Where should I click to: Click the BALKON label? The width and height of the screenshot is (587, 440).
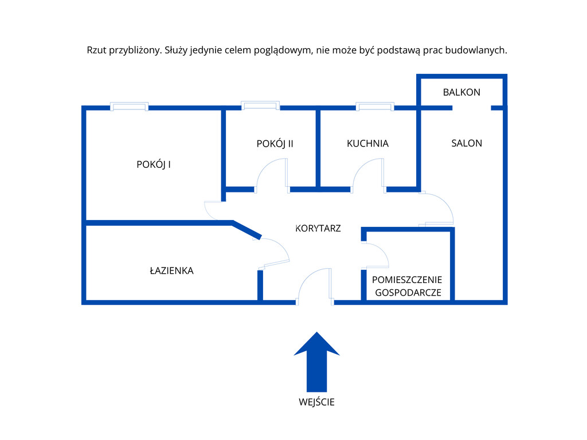461,92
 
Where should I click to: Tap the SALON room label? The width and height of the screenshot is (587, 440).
467,143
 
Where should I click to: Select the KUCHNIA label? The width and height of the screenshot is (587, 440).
367,144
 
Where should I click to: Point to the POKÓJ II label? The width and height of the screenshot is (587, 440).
275,144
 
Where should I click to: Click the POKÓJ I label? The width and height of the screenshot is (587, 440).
154,164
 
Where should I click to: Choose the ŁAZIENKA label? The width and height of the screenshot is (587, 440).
171,270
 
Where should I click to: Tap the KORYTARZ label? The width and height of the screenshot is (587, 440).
318,228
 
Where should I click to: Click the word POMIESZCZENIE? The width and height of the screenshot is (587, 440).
407,280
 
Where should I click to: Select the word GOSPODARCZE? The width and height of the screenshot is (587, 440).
408,293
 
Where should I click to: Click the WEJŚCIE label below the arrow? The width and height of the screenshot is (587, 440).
316,402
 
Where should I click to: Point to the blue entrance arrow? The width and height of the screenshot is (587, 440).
316,362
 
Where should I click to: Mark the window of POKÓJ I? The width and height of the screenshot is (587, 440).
129,106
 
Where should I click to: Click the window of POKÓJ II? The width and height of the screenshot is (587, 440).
260,105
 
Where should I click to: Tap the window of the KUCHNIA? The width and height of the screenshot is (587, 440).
375,106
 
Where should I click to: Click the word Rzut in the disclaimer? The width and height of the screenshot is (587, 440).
96,50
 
